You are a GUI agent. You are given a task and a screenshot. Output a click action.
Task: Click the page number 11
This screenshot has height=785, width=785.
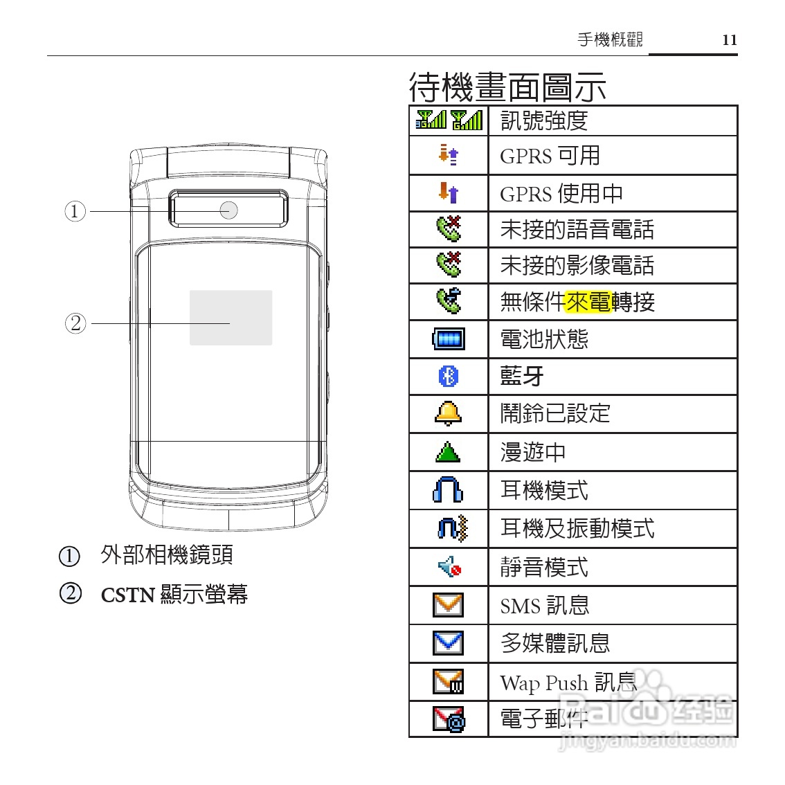coord(730,40)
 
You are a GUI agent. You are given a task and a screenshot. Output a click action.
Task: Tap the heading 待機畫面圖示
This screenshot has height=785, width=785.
coord(507,87)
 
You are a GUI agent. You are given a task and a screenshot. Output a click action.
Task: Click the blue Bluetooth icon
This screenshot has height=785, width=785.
coord(449,377)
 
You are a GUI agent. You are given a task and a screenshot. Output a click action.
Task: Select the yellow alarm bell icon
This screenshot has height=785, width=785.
coord(448,413)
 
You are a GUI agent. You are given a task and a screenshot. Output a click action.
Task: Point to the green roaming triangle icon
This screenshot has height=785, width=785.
coord(448,453)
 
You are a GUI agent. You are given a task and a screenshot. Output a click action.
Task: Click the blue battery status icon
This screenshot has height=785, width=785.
coord(448,339)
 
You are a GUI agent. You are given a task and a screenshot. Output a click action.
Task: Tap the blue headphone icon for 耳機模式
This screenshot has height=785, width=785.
coord(448,490)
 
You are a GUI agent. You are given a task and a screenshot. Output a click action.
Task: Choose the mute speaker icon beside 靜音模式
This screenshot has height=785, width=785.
coord(449,568)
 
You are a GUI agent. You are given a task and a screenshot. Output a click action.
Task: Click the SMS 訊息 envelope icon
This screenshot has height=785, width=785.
coord(448,605)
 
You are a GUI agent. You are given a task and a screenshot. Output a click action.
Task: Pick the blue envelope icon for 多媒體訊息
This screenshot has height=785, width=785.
coord(448,643)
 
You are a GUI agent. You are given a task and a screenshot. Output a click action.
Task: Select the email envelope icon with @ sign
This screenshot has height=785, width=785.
coord(449,719)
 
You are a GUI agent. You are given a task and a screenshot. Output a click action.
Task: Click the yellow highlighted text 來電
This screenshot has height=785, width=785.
coord(588,303)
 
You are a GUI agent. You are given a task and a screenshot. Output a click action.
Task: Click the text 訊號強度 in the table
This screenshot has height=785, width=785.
coord(544,121)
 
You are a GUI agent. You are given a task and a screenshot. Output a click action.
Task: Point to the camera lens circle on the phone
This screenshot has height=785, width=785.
coord(229,210)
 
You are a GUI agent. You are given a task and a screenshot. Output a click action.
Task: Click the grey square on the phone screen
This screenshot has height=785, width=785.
coord(231,318)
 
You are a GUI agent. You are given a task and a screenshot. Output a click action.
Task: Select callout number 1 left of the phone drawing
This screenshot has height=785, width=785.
coord(75,210)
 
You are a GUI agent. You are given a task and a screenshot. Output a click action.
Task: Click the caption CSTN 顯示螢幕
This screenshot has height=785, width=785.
coord(174,595)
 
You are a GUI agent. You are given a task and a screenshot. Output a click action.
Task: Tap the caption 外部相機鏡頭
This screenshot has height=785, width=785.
coord(167,554)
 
